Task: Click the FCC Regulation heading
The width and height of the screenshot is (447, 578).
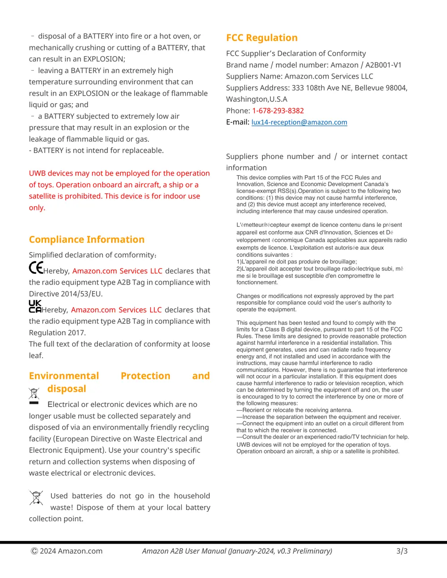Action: click(x=261, y=38)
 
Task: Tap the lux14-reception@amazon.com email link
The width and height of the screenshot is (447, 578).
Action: click(x=299, y=122)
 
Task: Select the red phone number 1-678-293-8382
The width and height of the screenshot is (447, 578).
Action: click(x=278, y=111)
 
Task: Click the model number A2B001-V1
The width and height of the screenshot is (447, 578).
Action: click(x=383, y=65)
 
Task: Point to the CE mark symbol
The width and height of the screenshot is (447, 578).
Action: click(x=36, y=268)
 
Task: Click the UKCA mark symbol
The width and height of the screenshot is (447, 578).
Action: click(x=35, y=306)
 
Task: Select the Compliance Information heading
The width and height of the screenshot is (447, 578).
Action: click(x=87, y=240)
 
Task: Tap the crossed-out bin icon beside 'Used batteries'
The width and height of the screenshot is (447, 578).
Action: click(x=36, y=498)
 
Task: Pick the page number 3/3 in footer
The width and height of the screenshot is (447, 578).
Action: click(x=401, y=551)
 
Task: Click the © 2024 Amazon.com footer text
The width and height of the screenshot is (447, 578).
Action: click(x=67, y=551)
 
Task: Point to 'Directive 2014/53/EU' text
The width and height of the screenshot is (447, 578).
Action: click(x=66, y=294)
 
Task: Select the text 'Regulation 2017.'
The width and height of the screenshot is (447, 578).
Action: click(x=57, y=333)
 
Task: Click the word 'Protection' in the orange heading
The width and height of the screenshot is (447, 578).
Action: click(x=145, y=376)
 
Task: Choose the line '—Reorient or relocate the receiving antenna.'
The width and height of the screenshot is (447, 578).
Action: click(x=295, y=410)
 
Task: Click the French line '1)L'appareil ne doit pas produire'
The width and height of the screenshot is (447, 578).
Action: click(x=296, y=262)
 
